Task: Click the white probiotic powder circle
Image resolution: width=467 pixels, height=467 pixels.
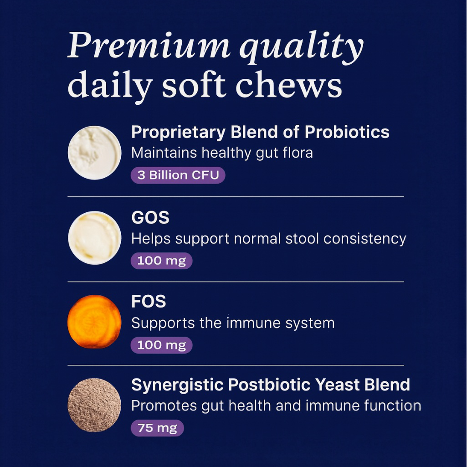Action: click(x=95, y=153)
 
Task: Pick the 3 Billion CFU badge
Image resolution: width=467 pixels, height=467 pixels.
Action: click(x=178, y=175)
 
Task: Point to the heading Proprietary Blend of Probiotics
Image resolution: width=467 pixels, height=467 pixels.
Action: click(x=260, y=132)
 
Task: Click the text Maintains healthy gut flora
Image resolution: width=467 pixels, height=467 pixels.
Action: click(x=222, y=153)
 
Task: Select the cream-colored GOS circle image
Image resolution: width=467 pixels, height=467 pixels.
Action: click(x=95, y=238)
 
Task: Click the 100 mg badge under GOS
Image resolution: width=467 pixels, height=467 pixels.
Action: click(x=161, y=261)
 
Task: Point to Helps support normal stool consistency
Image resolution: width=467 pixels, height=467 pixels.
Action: click(x=268, y=239)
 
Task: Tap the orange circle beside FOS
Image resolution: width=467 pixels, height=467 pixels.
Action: click(x=94, y=321)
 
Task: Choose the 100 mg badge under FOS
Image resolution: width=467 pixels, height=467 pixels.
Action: click(x=161, y=345)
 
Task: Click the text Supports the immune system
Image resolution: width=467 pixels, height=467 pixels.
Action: click(x=233, y=323)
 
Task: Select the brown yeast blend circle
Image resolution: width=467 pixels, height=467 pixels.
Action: click(x=94, y=405)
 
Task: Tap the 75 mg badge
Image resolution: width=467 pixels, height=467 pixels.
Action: click(x=157, y=428)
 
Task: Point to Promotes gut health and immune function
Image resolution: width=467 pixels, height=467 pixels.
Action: click(x=276, y=405)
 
